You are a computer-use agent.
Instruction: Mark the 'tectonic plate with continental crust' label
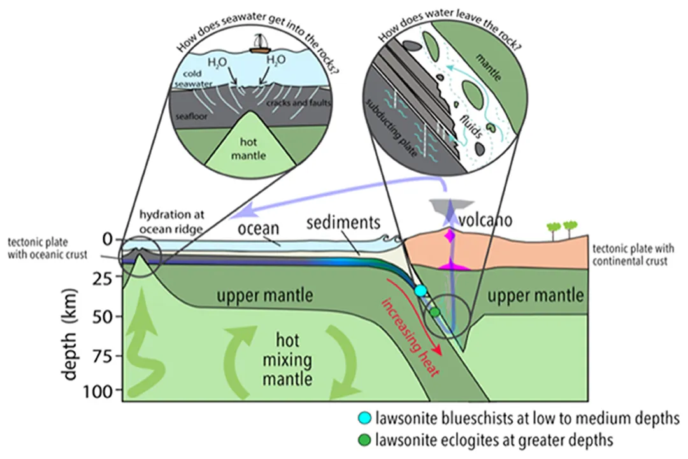point(630,255)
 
